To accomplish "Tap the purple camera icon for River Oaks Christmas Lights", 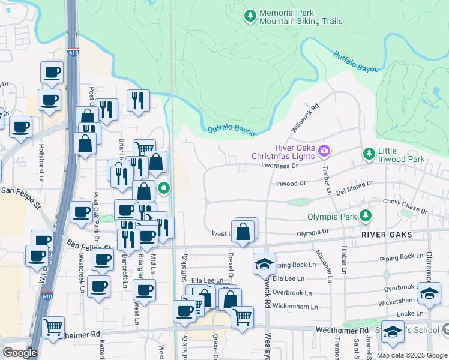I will point(324,149).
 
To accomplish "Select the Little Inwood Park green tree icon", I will point(369,154).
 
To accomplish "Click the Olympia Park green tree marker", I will point(364,215).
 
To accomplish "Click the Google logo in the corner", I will point(19,353).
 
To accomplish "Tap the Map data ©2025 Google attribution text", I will point(412,355).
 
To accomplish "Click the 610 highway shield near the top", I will point(73,53).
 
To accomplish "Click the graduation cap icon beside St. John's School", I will point(392,332).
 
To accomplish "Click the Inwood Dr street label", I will point(291,184).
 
